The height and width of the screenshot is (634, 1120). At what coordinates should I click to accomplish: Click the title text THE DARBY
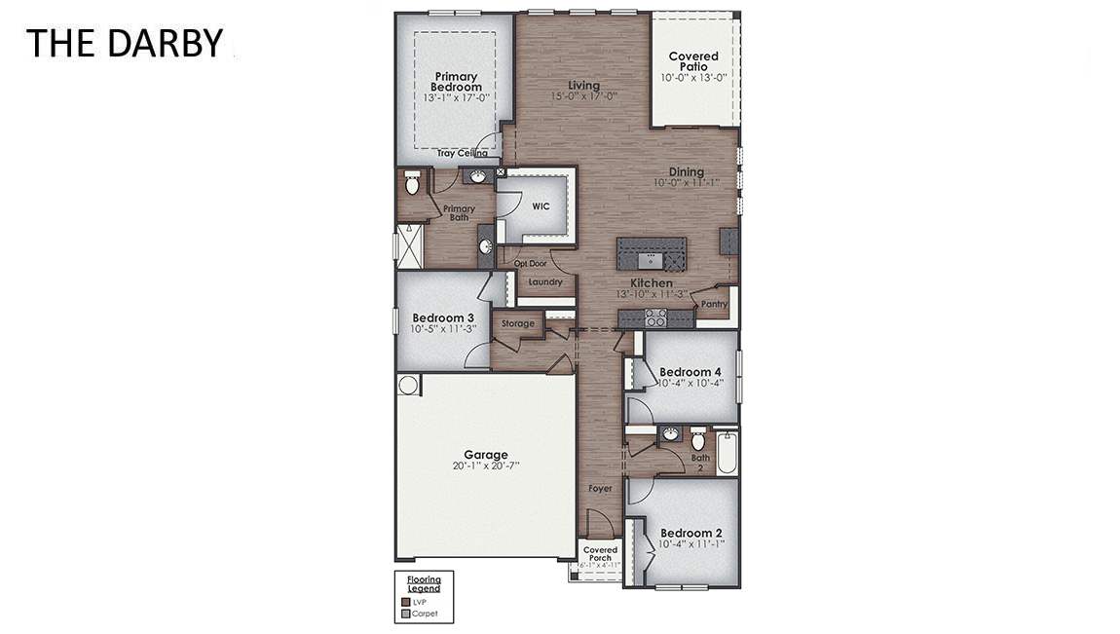click(124, 43)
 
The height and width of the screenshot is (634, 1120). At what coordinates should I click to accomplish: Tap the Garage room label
click(485, 455)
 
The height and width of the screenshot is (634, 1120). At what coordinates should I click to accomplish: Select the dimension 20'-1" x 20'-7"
click(485, 466)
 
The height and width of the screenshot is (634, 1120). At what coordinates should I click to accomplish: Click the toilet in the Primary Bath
click(412, 182)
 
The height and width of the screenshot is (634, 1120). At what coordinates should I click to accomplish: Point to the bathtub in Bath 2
click(727, 452)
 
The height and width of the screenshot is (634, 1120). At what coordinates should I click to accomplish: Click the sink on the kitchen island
click(651, 259)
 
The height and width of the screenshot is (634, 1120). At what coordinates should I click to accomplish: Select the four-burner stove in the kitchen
click(654, 317)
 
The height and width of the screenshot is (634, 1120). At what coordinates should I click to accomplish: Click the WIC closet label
click(541, 206)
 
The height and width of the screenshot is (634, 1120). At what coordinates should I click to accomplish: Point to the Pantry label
click(714, 304)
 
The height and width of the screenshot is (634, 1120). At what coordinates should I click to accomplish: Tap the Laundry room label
click(545, 282)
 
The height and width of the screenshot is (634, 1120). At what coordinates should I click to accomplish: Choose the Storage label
click(517, 323)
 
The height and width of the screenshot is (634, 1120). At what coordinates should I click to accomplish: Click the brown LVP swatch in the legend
click(406, 603)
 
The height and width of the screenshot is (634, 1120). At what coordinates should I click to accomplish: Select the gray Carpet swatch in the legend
click(406, 615)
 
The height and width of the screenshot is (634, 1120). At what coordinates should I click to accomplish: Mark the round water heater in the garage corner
click(408, 385)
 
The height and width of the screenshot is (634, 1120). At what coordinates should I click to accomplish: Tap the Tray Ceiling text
click(462, 153)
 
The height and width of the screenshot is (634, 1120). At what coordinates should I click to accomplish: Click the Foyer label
click(600, 488)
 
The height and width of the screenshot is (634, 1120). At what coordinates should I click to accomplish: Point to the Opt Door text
click(530, 263)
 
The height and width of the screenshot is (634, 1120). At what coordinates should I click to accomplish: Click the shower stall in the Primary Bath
click(409, 242)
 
